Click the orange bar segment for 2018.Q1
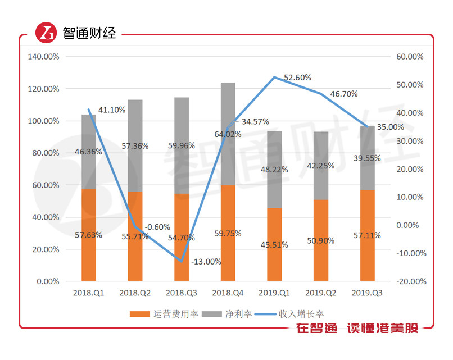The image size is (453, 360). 89,258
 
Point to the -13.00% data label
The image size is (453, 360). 206,262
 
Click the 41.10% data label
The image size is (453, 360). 112,110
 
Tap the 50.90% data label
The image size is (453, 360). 320,240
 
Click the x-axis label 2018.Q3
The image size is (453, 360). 181,293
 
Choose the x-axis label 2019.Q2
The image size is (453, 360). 320,293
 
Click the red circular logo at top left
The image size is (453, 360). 46,33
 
